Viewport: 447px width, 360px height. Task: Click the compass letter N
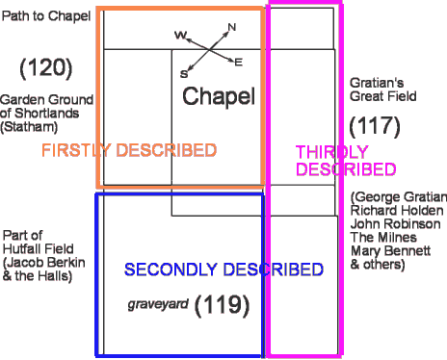click(231, 27)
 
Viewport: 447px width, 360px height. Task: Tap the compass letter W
click(180, 35)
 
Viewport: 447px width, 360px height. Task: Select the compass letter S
click(183, 73)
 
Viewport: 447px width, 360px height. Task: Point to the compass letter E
click(238, 63)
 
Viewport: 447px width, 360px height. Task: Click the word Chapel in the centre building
click(219, 96)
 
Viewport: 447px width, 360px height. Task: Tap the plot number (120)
click(45, 67)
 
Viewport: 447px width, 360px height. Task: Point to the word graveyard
click(156, 305)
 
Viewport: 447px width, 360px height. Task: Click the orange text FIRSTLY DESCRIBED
click(128, 150)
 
